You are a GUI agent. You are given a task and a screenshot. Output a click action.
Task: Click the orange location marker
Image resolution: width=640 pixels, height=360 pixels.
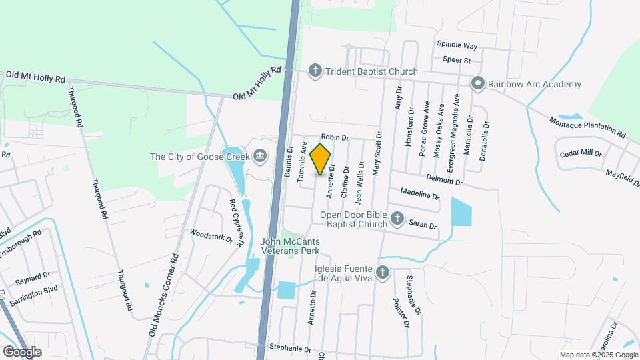coord(321,159)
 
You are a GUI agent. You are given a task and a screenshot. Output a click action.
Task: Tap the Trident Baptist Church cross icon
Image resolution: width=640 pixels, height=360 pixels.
coord(315,71)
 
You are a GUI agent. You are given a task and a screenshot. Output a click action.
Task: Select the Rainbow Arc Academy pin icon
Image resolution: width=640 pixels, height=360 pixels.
coord(477,84)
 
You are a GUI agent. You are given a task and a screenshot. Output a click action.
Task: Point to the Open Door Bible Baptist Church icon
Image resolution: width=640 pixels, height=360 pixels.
coord(397,219)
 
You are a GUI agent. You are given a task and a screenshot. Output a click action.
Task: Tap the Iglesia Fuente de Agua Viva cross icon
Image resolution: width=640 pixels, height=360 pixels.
coord(383,272)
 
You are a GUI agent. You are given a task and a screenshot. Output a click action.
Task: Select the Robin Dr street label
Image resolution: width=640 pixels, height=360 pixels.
coord(335,137)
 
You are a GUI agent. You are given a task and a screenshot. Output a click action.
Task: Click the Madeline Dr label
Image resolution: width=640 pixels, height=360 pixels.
coord(420,194)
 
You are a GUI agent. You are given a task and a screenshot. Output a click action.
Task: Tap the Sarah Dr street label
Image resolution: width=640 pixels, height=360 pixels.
coord(423,225)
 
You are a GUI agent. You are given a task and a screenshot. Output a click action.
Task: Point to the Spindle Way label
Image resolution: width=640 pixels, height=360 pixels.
coord(457,45)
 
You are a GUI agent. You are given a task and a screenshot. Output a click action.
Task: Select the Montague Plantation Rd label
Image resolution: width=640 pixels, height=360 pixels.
coord(587,127)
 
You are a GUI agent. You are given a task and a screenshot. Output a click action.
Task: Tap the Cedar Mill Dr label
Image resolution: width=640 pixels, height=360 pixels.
coord(581,153)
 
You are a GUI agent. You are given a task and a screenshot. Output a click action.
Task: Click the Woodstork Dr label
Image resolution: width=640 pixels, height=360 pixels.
coord(211,235)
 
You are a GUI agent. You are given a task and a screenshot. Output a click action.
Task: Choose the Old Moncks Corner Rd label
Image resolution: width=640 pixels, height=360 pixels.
coord(165,294)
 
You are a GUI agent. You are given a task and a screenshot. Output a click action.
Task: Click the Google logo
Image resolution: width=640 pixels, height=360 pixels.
coord(21,351)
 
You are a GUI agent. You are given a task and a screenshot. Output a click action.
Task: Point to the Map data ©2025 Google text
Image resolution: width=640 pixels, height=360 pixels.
coord(597,355)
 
